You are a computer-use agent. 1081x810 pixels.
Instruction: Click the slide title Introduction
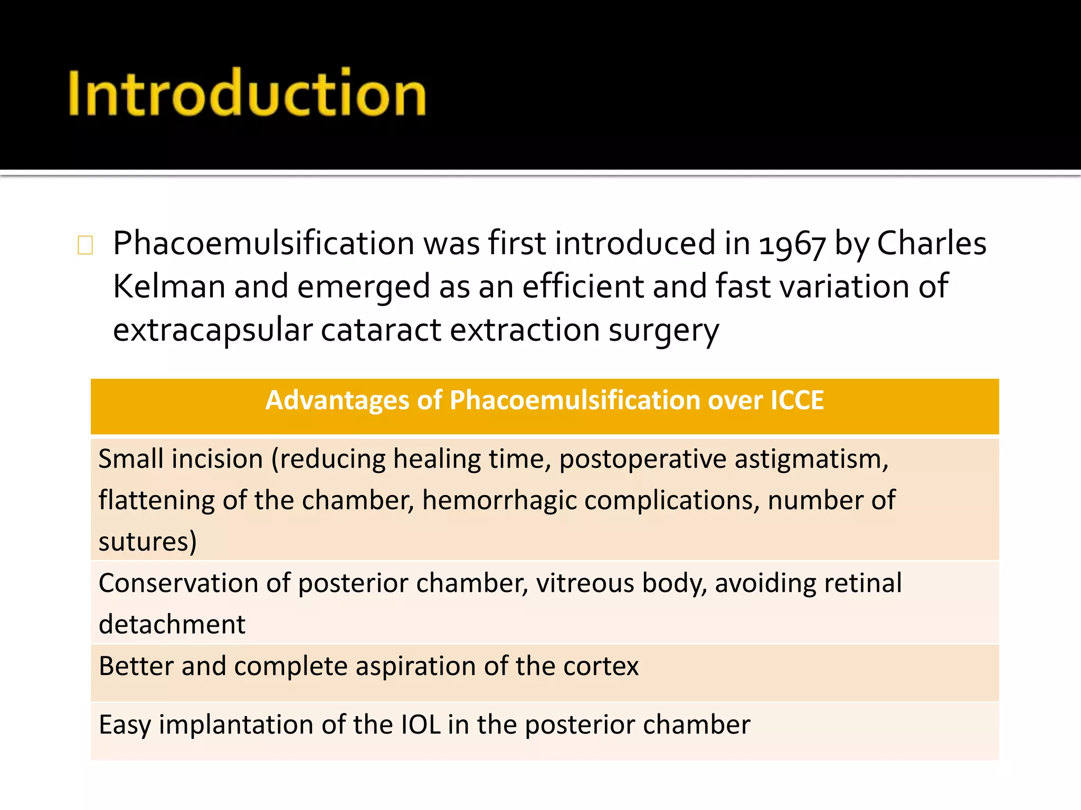pos(247,93)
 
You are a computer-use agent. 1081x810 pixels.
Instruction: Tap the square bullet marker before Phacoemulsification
pos(85,245)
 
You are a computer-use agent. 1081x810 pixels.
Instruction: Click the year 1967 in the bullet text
pos(792,244)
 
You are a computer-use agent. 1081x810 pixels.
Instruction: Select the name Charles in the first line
pos(932,243)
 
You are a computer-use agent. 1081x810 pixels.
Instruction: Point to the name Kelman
pos(169,286)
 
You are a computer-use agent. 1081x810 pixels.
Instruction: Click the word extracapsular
pos(213,330)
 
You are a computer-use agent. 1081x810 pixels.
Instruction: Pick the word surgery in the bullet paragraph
pos(663,331)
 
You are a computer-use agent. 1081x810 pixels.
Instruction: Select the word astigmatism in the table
pos(811,459)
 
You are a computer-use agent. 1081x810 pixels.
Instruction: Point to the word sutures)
pos(148,542)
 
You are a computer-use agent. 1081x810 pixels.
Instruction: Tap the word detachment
pos(172,624)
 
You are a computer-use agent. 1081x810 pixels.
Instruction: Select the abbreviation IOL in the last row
pos(421,725)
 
